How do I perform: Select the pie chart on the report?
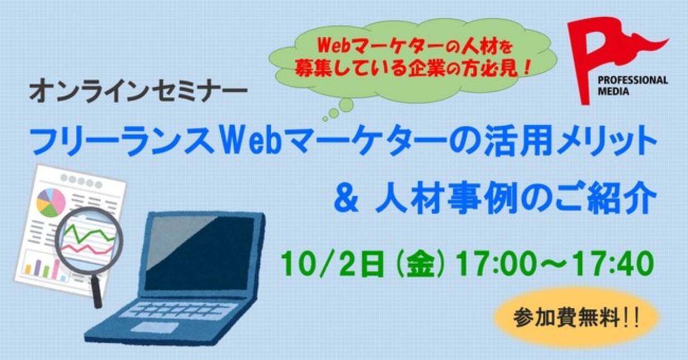(51, 203)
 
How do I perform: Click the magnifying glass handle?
(96, 290)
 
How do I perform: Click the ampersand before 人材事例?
(346, 201)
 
